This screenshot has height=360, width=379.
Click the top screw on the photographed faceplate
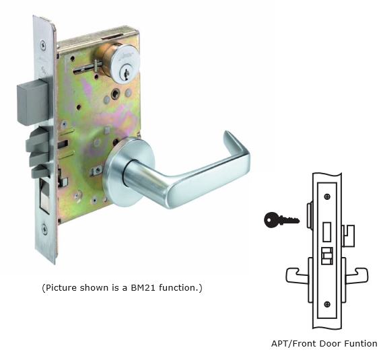tap(43, 45)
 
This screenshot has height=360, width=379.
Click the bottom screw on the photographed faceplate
tap(44, 229)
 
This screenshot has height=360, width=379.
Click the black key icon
tap(281, 220)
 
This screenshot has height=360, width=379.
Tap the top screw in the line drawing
tap(327, 196)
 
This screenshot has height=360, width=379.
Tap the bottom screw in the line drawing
tap(327, 304)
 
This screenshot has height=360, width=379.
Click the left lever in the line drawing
tap(297, 275)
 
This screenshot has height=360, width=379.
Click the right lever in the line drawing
tap(357, 275)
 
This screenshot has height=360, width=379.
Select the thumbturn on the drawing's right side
tap(348, 235)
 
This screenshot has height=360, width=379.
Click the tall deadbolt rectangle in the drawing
tap(327, 231)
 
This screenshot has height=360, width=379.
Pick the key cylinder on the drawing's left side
tap(310, 215)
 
